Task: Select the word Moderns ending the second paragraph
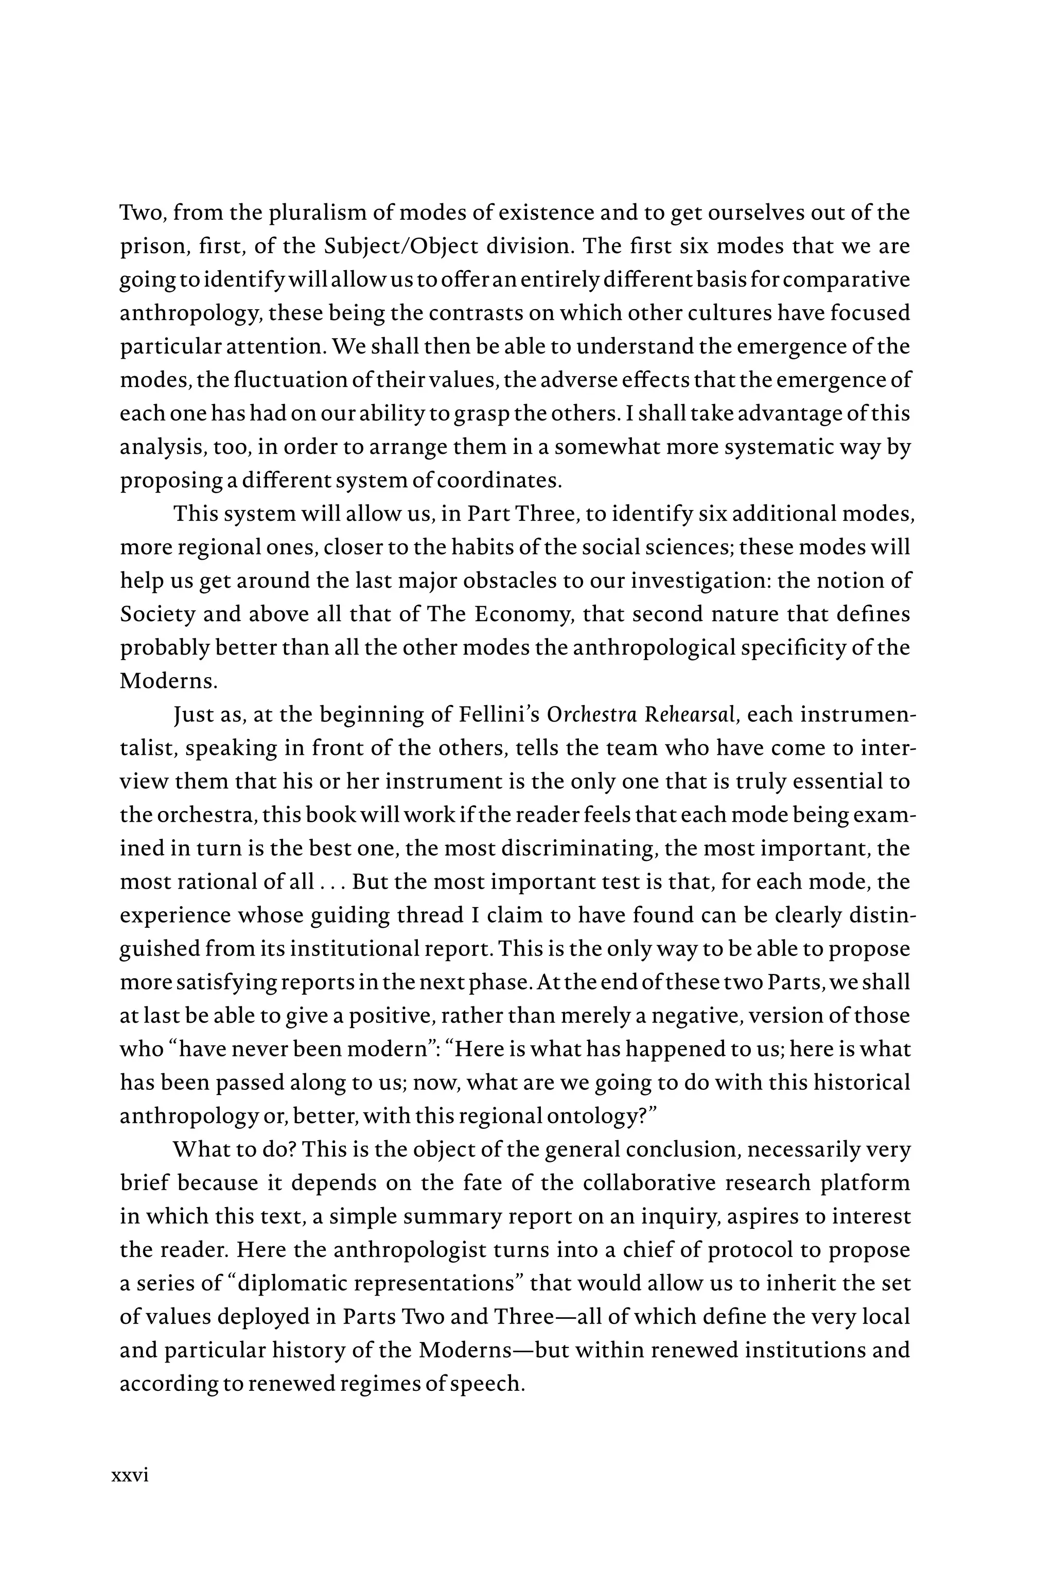[x=169, y=681]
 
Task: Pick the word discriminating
[x=577, y=848]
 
